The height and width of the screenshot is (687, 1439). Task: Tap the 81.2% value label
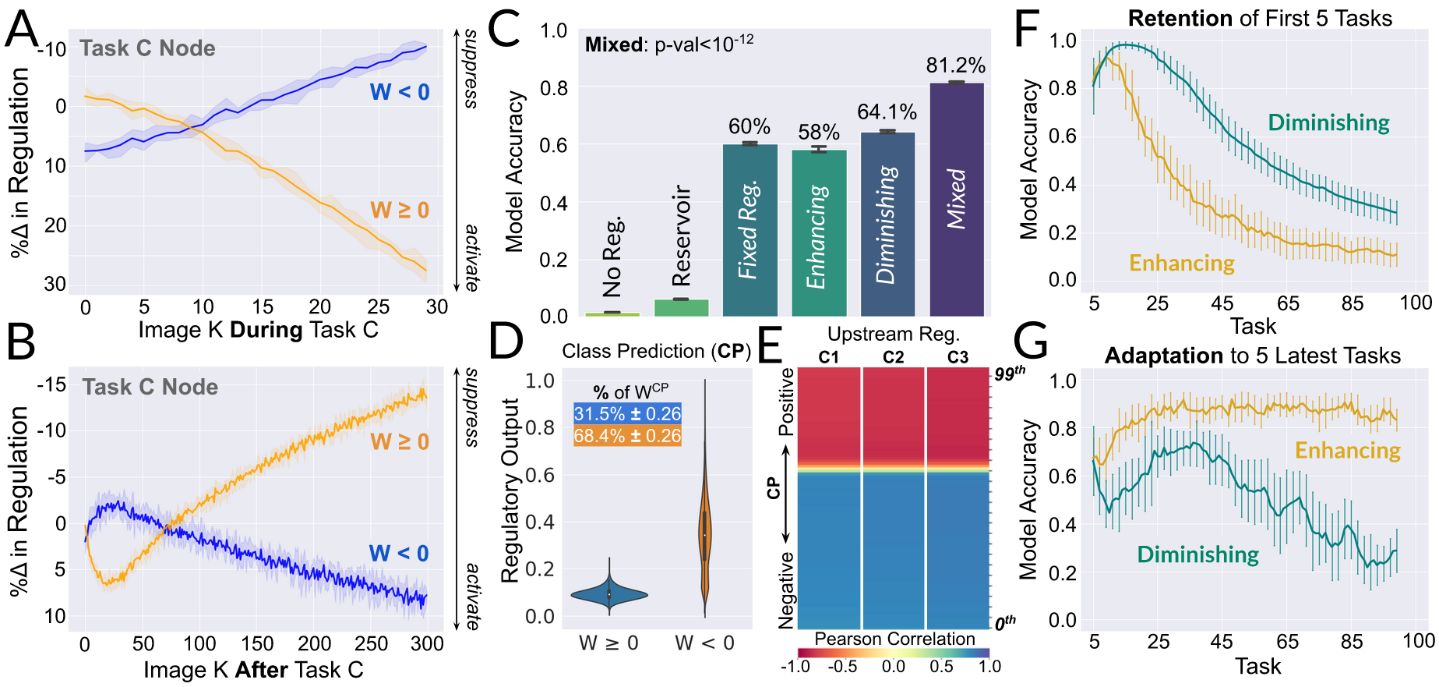pos(955,66)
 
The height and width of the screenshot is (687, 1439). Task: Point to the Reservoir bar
pos(682,307)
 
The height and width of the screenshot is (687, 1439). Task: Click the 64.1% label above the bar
pos(887,113)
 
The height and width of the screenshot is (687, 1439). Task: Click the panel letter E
pos(770,344)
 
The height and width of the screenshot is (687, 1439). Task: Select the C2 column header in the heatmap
pos(893,357)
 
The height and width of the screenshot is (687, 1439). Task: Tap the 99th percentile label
pos(1010,374)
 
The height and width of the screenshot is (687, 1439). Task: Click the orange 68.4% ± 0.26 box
pos(627,436)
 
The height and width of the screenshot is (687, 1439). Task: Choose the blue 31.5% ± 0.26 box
pos(627,413)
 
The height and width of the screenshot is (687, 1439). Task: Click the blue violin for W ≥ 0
pos(609,594)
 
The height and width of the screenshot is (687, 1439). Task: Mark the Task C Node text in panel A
pos(147,48)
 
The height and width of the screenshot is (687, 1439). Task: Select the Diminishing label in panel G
pos(1197,554)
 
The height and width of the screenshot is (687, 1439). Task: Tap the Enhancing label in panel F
pos(1182,264)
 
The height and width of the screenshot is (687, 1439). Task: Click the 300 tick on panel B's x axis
pos(427,644)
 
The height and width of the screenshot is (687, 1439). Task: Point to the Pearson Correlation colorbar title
pos(894,639)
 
